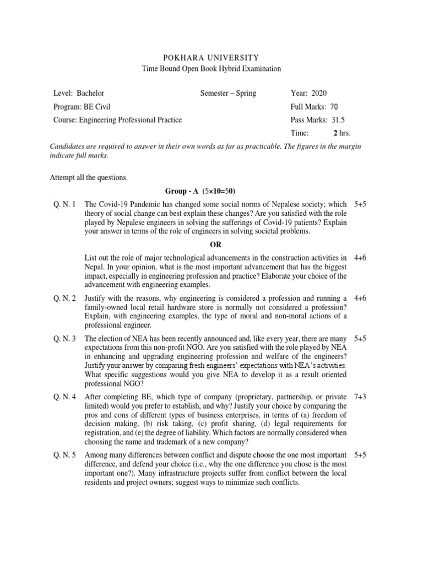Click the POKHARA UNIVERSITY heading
point(211,57)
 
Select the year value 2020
point(319,93)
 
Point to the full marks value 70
point(333,106)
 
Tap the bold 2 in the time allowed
point(335,133)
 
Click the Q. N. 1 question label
point(65,204)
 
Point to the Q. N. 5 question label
point(65,455)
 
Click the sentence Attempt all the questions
point(89,177)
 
